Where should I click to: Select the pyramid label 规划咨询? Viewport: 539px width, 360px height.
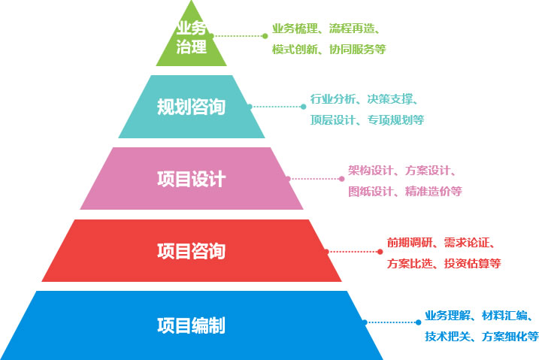[x=191, y=107]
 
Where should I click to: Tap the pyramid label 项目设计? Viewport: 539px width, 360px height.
[x=191, y=179]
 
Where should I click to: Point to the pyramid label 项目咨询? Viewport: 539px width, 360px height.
[x=191, y=250]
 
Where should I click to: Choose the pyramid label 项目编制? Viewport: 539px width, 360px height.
[x=191, y=325]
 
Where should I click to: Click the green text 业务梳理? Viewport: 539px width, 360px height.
[x=293, y=29]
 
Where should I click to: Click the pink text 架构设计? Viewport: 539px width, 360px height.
[x=369, y=171]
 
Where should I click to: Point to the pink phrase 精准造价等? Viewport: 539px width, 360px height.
[x=434, y=192]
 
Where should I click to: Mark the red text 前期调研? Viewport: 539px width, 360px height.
[x=407, y=242]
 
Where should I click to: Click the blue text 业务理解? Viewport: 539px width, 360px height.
[x=446, y=315]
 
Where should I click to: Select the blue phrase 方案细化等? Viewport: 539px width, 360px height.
[x=510, y=336]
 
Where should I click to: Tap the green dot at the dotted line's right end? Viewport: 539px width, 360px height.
[x=265, y=35]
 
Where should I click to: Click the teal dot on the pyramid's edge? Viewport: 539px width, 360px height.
[x=250, y=107]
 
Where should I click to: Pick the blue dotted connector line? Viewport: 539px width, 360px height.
[x=391, y=322]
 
